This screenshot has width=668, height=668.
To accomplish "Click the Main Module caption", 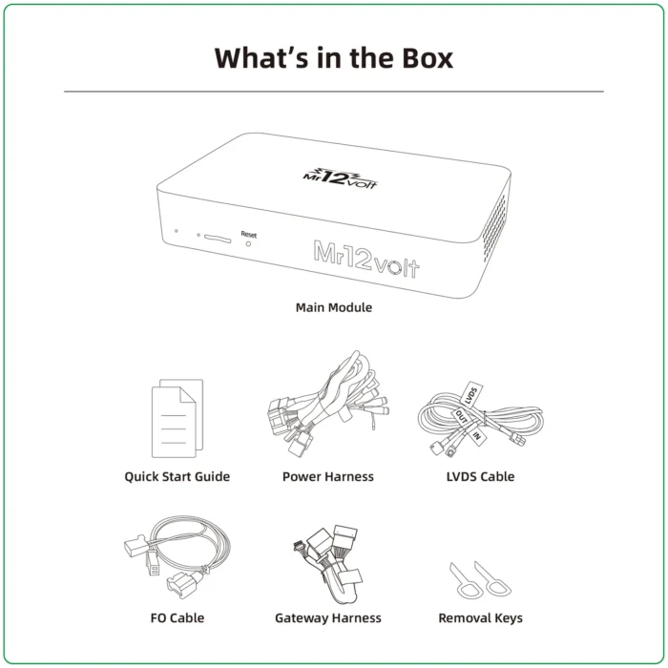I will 334,307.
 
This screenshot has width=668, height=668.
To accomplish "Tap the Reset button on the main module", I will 249,243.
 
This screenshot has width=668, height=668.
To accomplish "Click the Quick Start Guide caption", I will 177,476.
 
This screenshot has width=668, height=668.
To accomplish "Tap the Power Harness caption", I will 327,476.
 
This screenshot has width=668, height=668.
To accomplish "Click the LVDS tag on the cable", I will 470,392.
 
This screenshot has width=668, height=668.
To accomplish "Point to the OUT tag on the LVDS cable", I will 461,418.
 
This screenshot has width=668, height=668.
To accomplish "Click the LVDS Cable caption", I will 480,476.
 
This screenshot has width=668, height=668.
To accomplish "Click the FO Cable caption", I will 177,617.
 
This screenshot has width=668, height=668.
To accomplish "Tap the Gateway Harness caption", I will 327,617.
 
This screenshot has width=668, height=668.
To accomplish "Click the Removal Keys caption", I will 480,617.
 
